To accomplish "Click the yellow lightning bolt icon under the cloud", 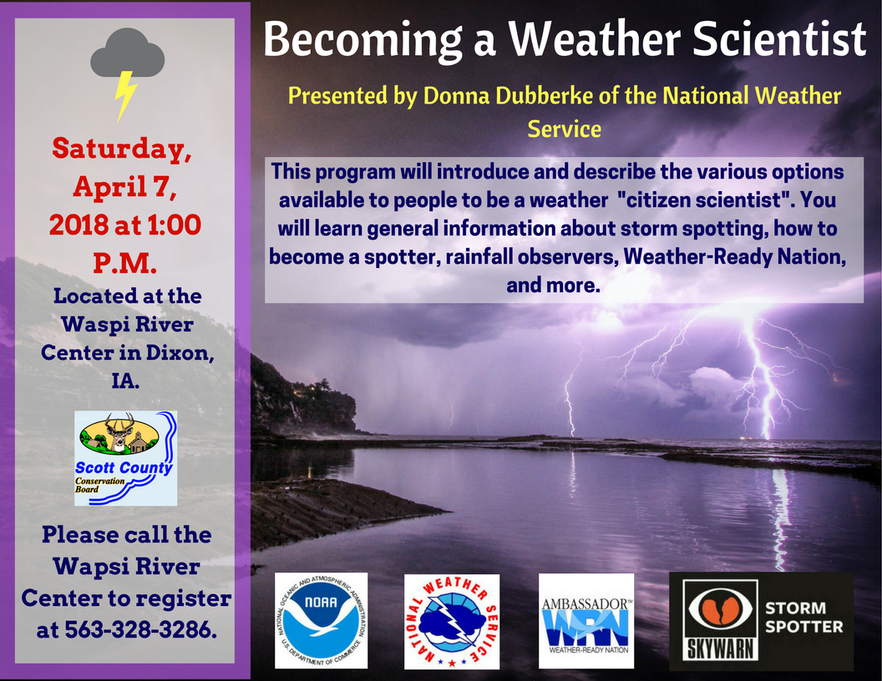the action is [125, 95].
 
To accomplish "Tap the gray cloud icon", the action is [128, 53].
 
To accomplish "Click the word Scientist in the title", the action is [779, 39].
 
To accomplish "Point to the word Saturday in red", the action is [121, 149].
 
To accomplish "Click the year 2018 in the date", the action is [79, 224].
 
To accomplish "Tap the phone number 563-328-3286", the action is [140, 630].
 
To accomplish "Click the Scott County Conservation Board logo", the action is [126, 458].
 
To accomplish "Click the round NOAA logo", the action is [322, 620].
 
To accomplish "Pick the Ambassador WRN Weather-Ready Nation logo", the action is [586, 621].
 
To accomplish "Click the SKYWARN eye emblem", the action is [721, 620].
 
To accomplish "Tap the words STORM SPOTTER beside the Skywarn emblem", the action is [803, 617].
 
